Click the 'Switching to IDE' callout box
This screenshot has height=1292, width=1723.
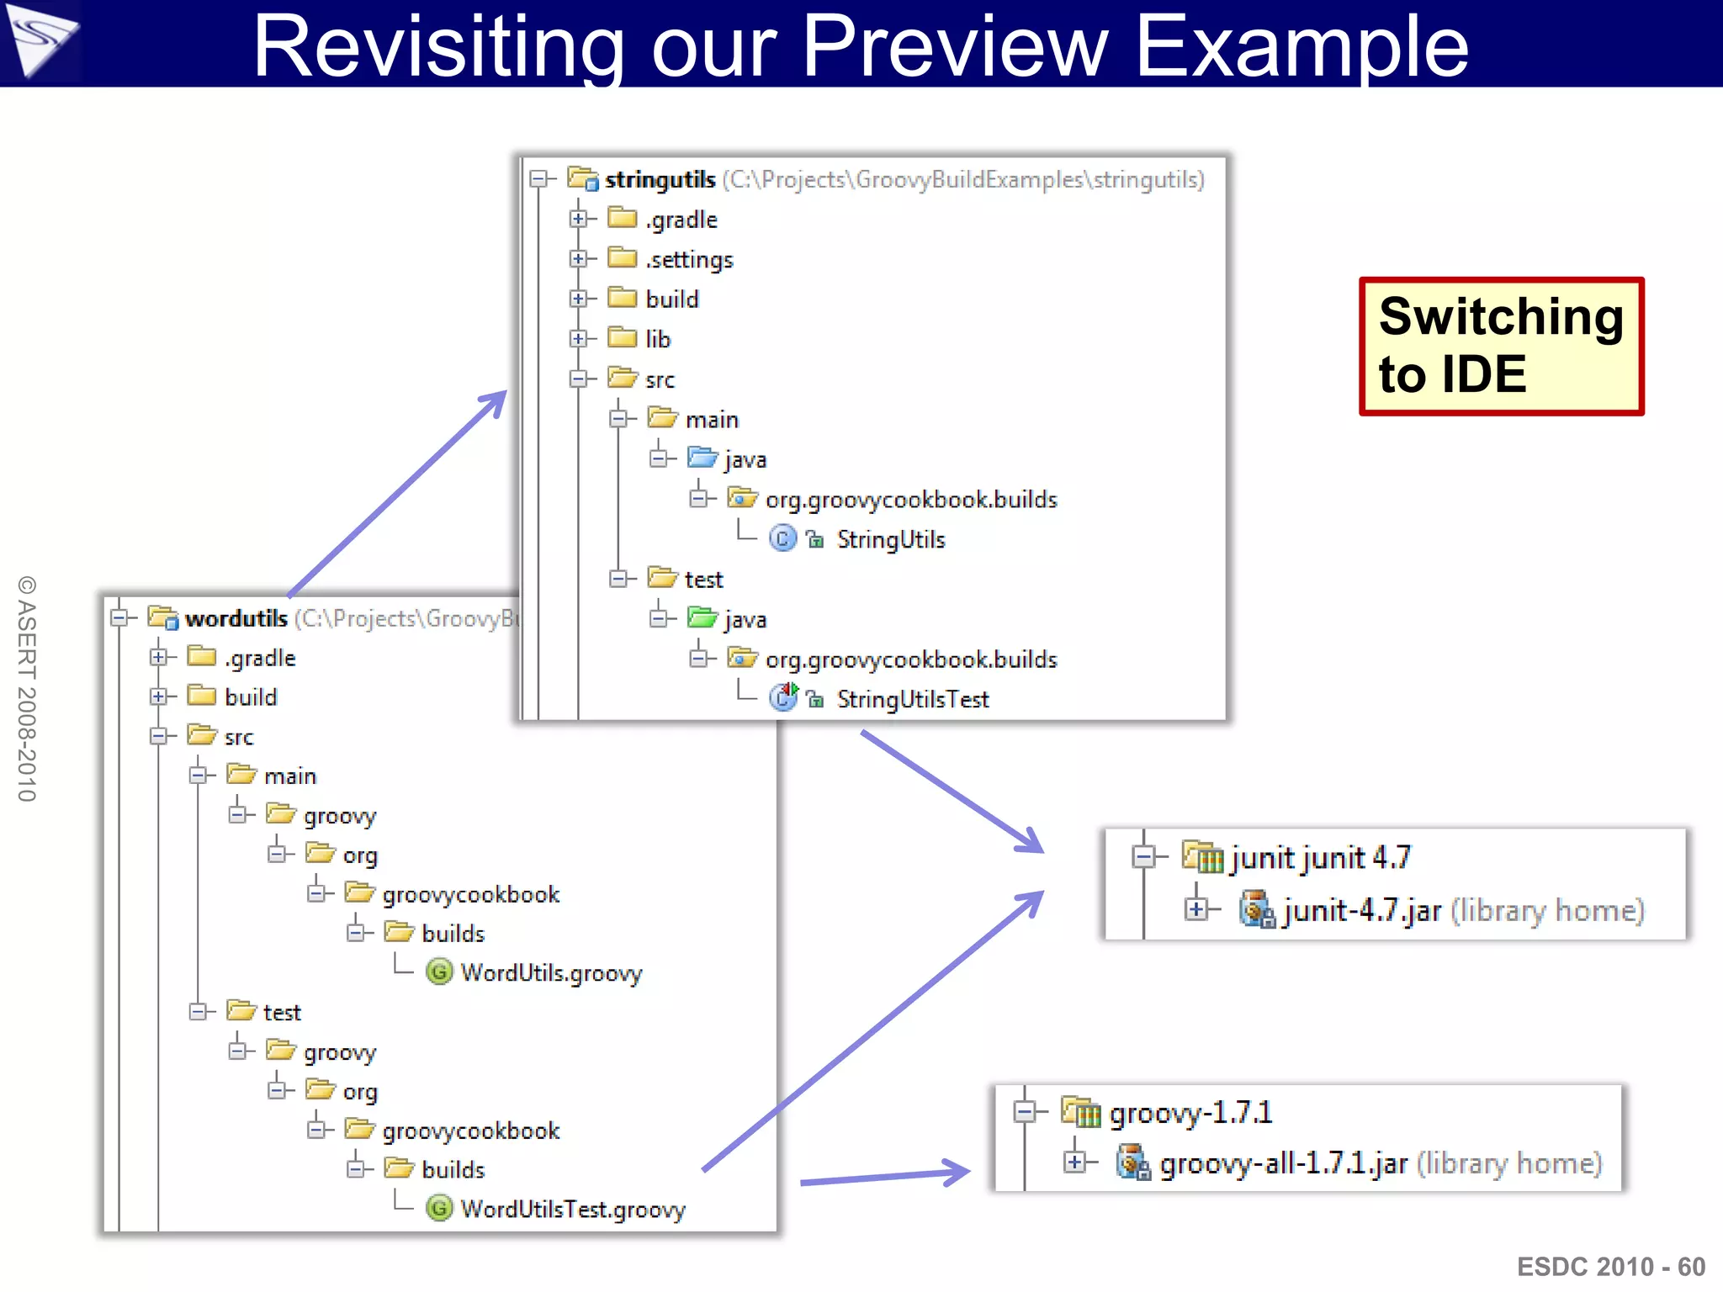pyautogui.click(x=1500, y=346)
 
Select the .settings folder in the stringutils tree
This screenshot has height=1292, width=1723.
pyautogui.click(x=689, y=259)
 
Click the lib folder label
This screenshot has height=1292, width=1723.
pyautogui.click(x=658, y=339)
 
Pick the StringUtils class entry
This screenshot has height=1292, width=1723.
pyautogui.click(x=890, y=539)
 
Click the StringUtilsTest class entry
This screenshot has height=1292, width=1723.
pyautogui.click(x=912, y=699)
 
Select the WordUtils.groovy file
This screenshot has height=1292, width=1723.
pyautogui.click(x=551, y=973)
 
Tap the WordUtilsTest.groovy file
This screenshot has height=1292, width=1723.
pyautogui.click(x=572, y=1210)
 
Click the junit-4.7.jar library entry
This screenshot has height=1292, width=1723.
pyautogui.click(x=1361, y=911)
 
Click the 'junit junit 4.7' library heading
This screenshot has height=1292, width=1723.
pyautogui.click(x=1319, y=858)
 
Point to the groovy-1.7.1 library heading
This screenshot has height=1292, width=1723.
pyautogui.click(x=1190, y=1113)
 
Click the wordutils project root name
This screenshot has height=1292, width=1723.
pyautogui.click(x=236, y=618)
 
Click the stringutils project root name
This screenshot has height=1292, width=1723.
pyautogui.click(x=660, y=179)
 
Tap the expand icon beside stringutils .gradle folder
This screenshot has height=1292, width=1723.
pyautogui.click(x=578, y=219)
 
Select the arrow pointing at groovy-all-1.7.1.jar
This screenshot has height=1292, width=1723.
pyautogui.click(x=883, y=1176)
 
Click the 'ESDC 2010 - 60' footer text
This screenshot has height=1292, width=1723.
pyautogui.click(x=1610, y=1266)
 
